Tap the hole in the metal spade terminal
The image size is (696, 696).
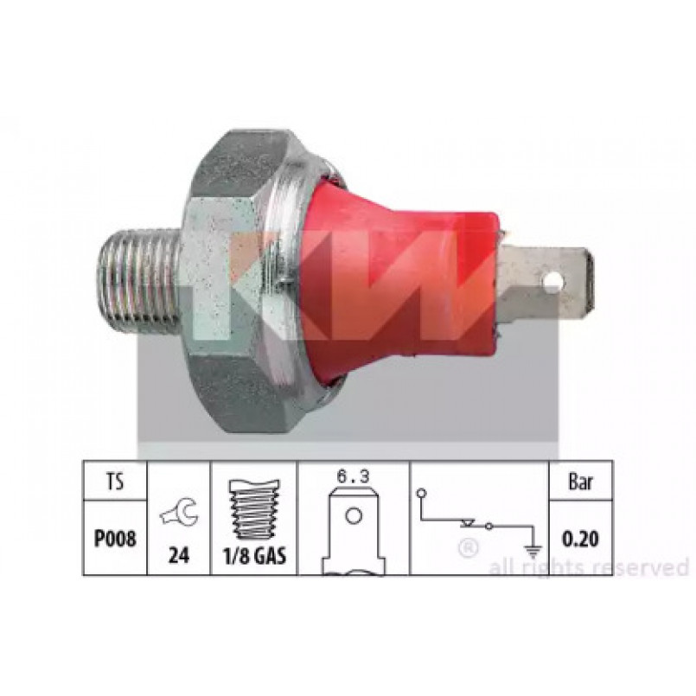(x=552, y=279)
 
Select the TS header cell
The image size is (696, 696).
(x=115, y=482)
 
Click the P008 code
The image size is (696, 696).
(x=115, y=540)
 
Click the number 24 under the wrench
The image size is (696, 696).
(x=178, y=555)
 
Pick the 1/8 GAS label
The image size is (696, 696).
(x=254, y=555)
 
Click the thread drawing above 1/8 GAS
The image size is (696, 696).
(x=254, y=509)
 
